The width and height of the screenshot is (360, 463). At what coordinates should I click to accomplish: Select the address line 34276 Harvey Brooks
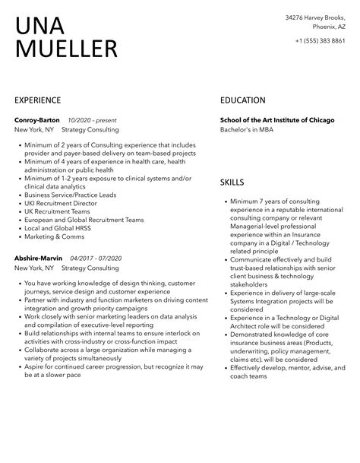(x=314, y=16)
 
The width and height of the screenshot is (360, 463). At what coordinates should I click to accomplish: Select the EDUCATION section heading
(x=242, y=100)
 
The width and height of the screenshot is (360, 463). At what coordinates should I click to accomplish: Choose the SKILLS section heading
(x=232, y=182)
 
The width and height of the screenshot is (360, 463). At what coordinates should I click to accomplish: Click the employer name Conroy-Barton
(x=37, y=120)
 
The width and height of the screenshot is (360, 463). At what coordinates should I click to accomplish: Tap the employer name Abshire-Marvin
(x=38, y=258)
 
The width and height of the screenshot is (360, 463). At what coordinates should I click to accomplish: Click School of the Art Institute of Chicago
(x=276, y=120)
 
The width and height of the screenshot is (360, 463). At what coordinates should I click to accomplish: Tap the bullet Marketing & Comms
(x=55, y=236)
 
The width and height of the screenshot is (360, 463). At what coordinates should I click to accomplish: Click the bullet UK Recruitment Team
(x=58, y=211)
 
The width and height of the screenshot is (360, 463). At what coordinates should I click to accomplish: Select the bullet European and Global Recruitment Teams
(x=84, y=220)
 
